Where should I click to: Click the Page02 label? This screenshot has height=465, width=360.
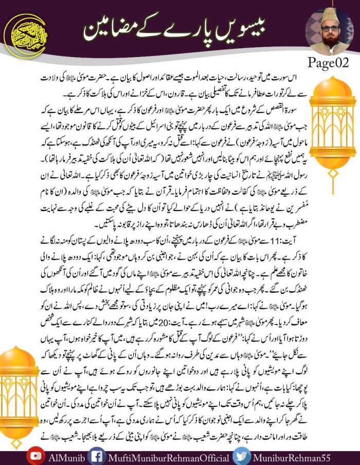click(328, 64)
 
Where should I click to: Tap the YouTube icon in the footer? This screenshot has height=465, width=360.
click(35, 456)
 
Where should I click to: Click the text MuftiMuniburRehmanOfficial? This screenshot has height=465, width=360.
click(165, 457)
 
